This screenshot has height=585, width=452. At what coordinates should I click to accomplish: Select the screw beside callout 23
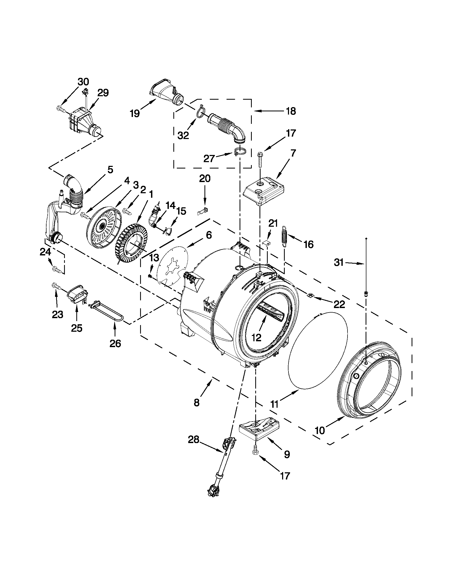(x=55, y=286)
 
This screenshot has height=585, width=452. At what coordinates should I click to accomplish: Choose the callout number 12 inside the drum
(x=256, y=338)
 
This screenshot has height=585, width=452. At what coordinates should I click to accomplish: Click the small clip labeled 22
(x=310, y=296)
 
